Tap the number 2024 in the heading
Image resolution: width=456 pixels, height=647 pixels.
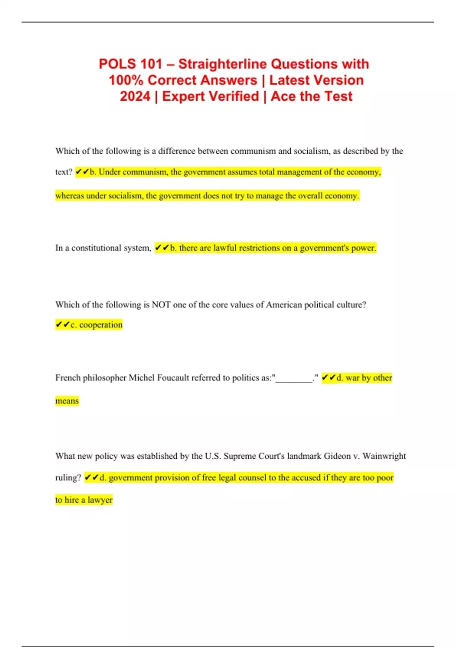135,96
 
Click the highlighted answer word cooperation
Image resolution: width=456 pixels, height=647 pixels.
101,325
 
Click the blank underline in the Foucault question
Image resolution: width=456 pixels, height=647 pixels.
294,378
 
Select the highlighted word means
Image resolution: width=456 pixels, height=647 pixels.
67,401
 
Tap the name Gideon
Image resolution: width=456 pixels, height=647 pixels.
337,456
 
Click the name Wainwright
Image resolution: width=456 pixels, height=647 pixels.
384,456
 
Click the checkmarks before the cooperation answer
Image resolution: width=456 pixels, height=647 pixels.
62,325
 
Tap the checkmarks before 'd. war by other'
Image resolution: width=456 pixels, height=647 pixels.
329,378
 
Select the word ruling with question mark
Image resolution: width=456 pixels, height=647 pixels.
68,478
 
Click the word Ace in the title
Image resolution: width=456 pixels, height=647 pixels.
283,96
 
